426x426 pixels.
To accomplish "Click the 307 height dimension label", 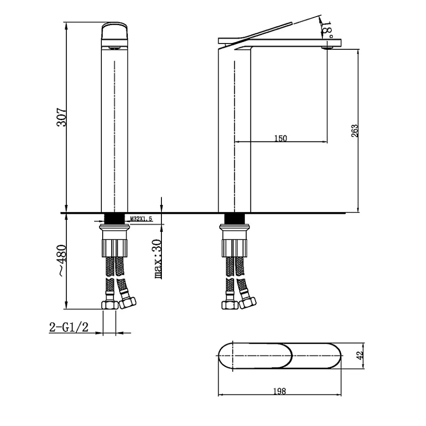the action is [x=61, y=118].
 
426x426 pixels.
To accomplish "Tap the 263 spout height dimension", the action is [x=355, y=131].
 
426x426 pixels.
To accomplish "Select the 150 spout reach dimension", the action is [x=280, y=138].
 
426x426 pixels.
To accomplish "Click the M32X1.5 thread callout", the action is [x=141, y=219].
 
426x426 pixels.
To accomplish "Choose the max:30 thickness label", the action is [x=158, y=259].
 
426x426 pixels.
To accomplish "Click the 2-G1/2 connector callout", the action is [x=69, y=327].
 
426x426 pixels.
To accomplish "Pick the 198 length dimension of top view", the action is [x=279, y=391].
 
